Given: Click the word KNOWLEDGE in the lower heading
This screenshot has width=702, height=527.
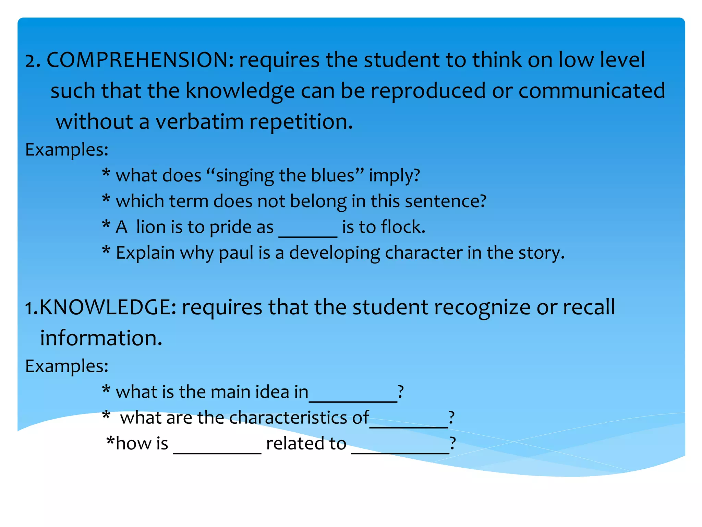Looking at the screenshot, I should point(108,307).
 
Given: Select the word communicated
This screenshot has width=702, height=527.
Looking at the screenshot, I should point(592,91).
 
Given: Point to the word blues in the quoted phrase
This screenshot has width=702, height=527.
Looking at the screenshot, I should point(332,175).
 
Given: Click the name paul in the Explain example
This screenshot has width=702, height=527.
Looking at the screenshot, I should point(236,253).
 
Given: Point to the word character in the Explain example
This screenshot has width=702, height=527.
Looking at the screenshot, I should point(424,253).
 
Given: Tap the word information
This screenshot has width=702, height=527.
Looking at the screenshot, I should point(101,338).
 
